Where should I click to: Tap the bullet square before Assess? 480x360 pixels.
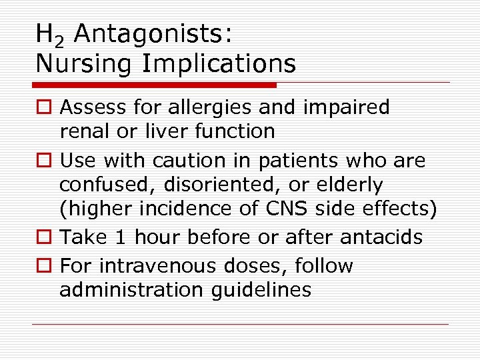click(x=43, y=108)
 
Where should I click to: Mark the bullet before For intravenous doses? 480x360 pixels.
click(x=43, y=267)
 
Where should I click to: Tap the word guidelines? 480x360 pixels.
click(x=270, y=290)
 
